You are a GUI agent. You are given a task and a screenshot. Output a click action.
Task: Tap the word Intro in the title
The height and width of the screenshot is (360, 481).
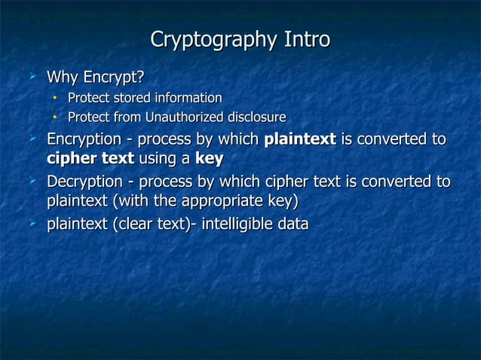(307, 39)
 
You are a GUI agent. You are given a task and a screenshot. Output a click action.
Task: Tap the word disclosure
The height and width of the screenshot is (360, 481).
(256, 117)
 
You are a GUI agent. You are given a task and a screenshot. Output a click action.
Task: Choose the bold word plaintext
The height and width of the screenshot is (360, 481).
(300, 140)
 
